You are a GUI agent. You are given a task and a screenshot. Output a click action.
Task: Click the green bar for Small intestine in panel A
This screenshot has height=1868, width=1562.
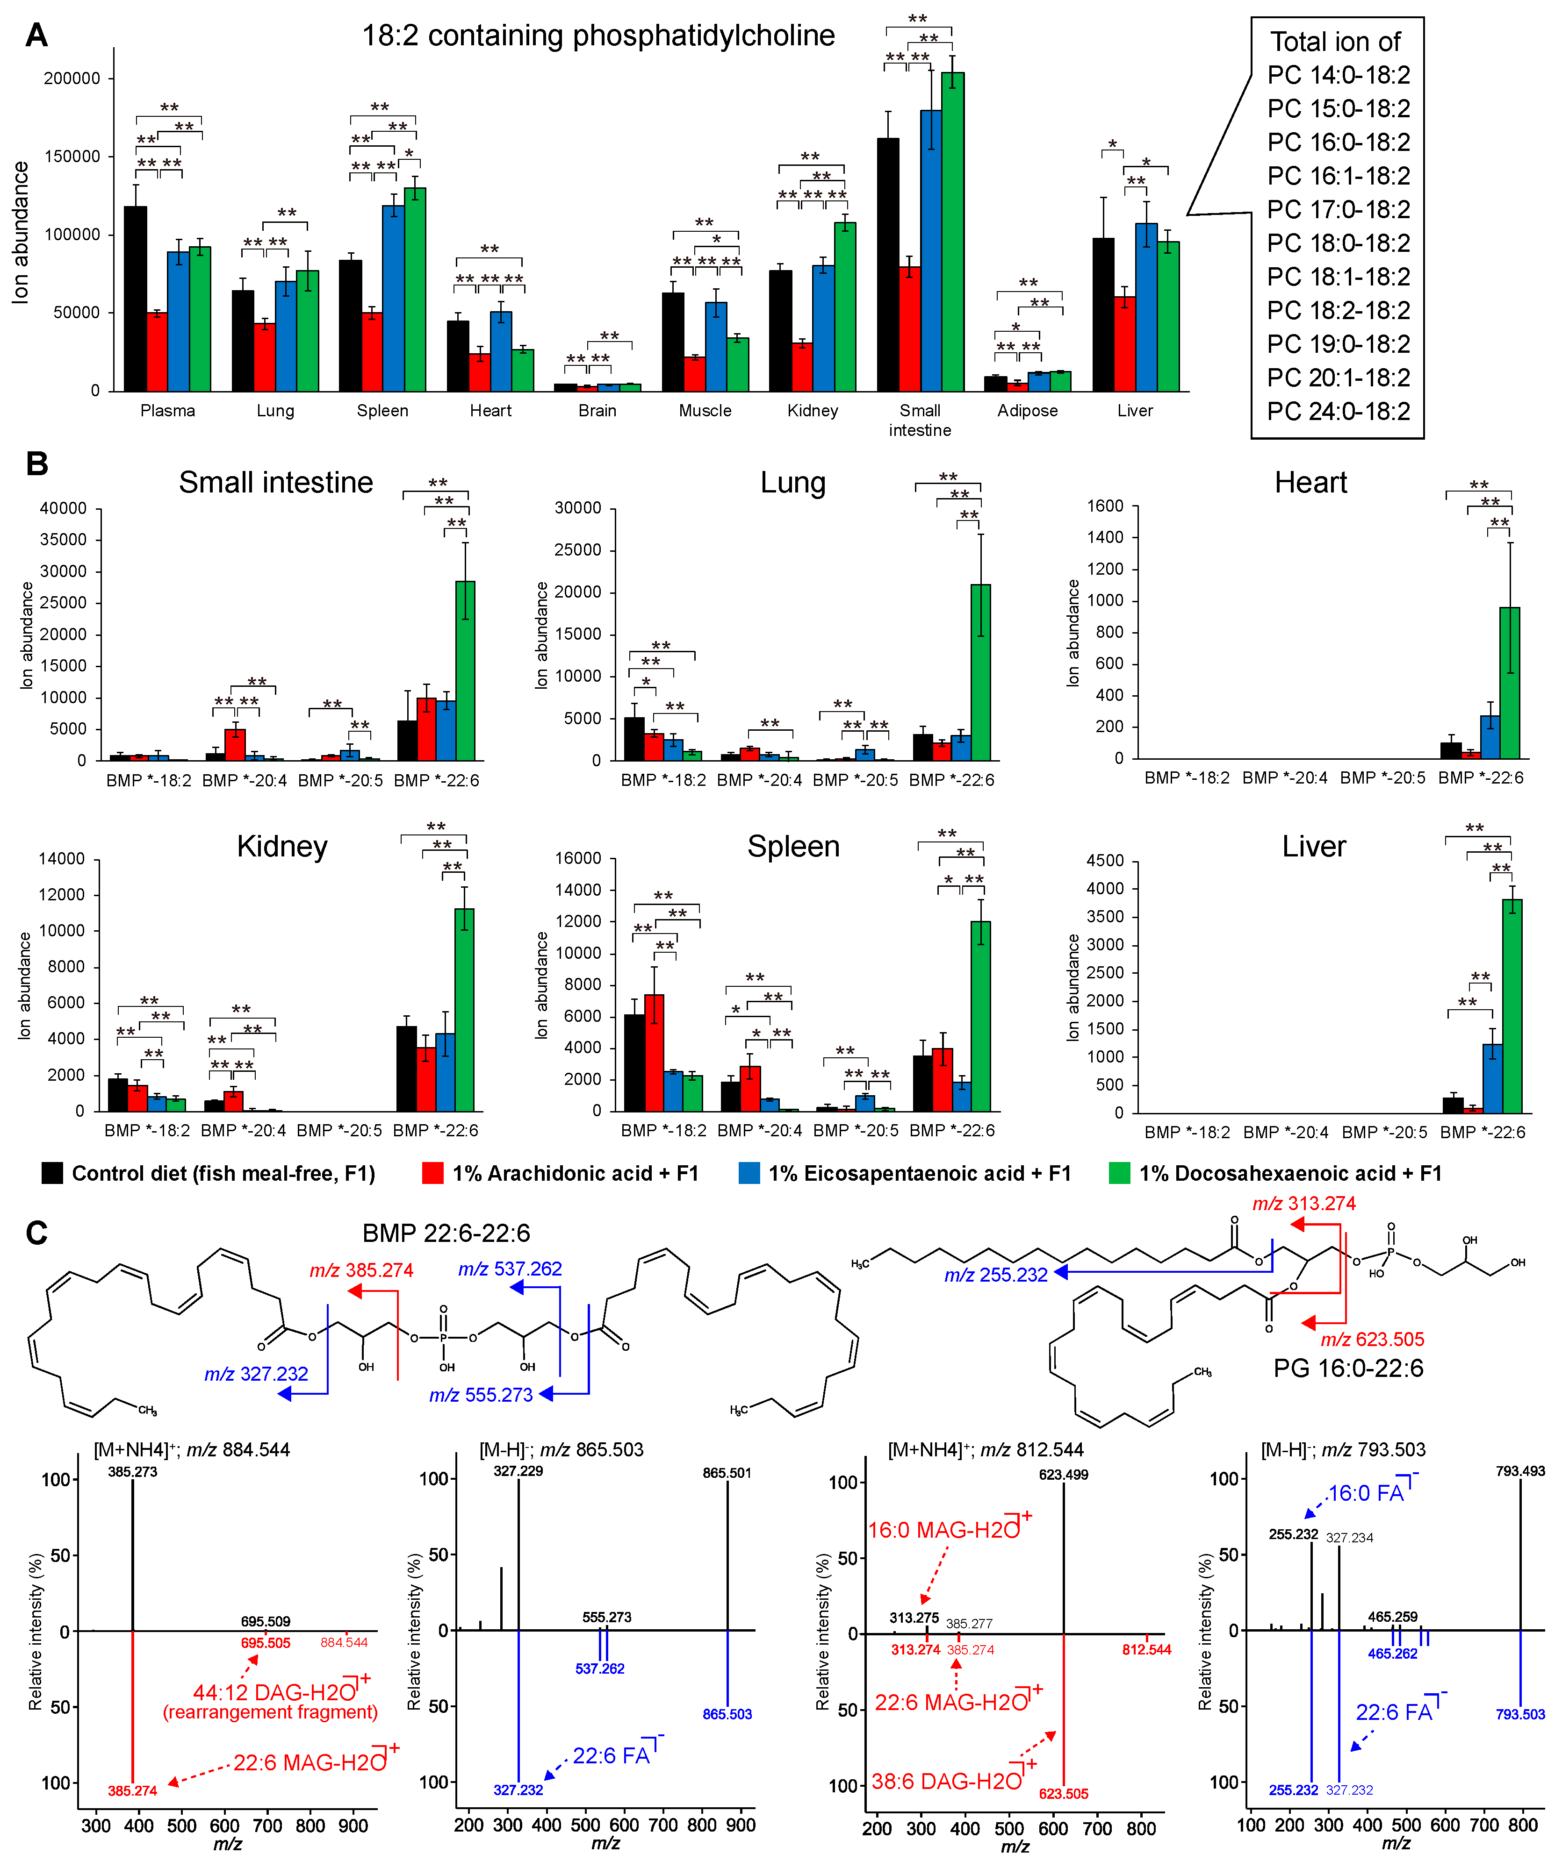[952, 231]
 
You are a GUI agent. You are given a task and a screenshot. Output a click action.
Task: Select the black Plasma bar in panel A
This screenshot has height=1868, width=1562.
[135, 298]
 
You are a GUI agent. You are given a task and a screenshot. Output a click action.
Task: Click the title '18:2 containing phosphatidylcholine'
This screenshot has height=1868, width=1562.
[598, 36]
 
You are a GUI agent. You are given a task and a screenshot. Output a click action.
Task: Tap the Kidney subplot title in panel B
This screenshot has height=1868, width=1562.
[281, 846]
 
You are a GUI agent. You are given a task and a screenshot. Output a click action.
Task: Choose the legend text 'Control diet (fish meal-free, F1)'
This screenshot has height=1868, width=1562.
[223, 1173]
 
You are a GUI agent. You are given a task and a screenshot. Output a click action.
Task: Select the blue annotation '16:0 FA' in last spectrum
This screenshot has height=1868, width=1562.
[1366, 1493]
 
